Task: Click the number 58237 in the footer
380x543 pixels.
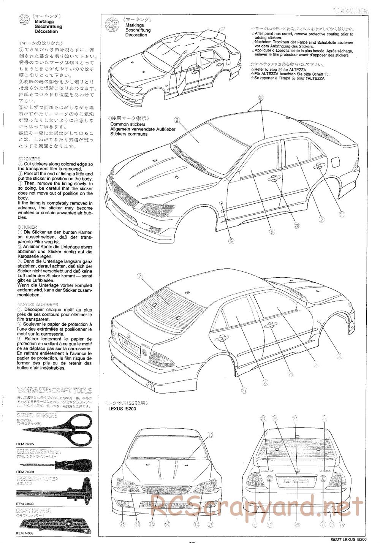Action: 332,538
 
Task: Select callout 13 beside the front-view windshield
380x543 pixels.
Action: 210,434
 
